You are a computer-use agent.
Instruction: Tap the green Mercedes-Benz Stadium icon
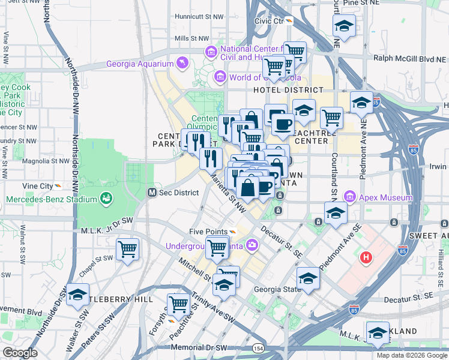click(x=106, y=199)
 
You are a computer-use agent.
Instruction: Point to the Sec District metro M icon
click(x=153, y=193)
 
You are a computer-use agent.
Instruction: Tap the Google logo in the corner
click(x=20, y=353)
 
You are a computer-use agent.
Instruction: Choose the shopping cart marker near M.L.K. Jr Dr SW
click(x=127, y=249)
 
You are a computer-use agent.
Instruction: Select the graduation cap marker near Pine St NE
click(x=344, y=26)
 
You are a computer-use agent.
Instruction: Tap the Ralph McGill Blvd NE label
click(x=410, y=58)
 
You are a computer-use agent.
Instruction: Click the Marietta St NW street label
click(x=228, y=193)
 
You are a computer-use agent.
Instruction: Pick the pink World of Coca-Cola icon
click(x=220, y=77)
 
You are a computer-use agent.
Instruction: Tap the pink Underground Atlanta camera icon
click(x=252, y=244)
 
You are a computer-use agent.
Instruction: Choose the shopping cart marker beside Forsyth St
click(x=178, y=304)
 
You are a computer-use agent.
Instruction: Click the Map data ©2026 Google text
click(x=412, y=355)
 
